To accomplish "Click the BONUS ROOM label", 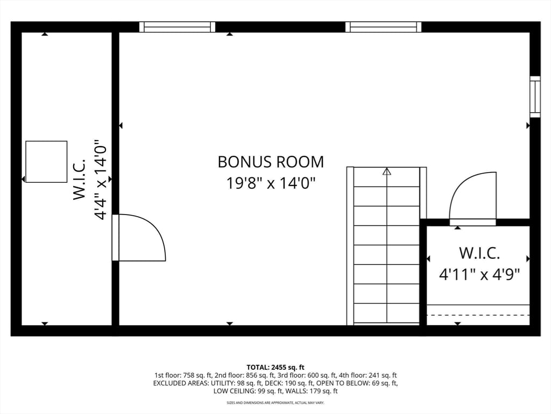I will click(271, 162).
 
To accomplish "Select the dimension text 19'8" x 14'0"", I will click(271, 183).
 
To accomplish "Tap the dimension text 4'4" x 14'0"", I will click(101, 181).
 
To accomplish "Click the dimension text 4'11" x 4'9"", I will click(479, 275).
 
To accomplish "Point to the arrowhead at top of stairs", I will click(386, 171).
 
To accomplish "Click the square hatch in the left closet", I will click(46, 162).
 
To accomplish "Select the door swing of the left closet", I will click(141, 238).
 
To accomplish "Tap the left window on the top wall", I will click(177, 27).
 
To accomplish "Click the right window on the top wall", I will click(383, 27).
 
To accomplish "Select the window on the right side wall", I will click(535, 96).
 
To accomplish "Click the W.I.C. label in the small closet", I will click(479, 252).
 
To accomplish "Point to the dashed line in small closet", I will click(478, 315).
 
